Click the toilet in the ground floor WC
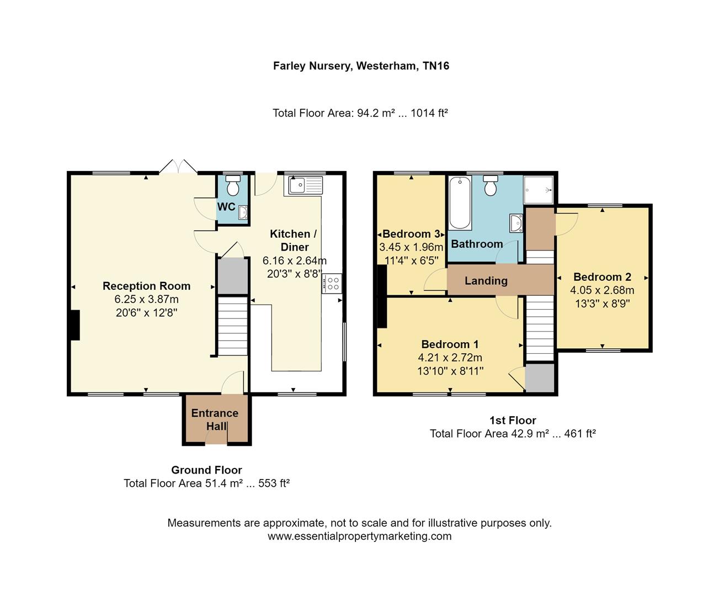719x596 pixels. (x=233, y=187)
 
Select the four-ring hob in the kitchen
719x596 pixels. (x=333, y=284)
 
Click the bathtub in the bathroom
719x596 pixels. (x=460, y=203)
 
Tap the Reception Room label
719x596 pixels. (x=147, y=286)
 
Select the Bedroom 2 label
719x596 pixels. (x=602, y=277)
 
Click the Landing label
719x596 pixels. (x=486, y=280)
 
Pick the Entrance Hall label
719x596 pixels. (x=215, y=419)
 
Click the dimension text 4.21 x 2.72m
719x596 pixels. (x=450, y=358)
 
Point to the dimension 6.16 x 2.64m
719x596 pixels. (x=295, y=260)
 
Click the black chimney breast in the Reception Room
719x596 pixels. (x=74, y=325)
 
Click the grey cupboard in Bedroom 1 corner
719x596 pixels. (x=539, y=377)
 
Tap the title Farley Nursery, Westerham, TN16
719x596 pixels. (x=361, y=66)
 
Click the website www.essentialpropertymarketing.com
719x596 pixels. (x=359, y=536)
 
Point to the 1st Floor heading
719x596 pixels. (x=513, y=421)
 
